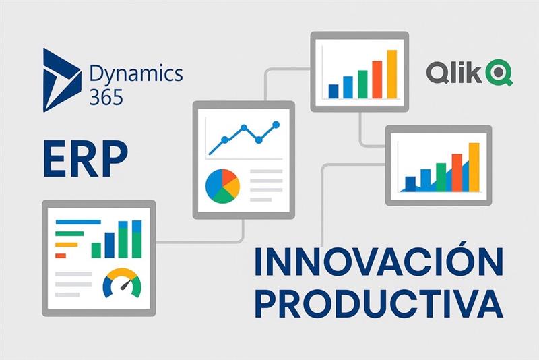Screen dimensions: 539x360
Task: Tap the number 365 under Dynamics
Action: tap(106, 97)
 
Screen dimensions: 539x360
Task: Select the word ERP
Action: tap(86, 158)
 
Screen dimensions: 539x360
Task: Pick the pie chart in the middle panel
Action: tap(222, 186)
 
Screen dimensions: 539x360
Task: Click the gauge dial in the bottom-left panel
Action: tap(122, 282)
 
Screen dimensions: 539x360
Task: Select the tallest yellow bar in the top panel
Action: tap(392, 74)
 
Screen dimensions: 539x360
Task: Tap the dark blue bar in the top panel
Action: tap(334, 92)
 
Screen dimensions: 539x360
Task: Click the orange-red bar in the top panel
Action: tap(377, 80)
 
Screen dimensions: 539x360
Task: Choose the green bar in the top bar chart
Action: tap(362, 84)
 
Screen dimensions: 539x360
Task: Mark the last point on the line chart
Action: tap(276, 125)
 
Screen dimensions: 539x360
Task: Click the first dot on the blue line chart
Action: tap(224, 140)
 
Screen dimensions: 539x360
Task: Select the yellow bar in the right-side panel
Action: tap(474, 167)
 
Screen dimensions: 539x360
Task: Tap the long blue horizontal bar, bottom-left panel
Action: tap(78, 222)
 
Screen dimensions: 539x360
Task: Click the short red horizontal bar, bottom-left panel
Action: tap(61, 256)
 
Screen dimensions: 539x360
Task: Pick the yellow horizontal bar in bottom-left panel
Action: tap(67, 245)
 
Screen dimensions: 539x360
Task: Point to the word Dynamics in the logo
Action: tap(136, 73)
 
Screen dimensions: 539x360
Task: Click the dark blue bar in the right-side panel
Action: tap(410, 183)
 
